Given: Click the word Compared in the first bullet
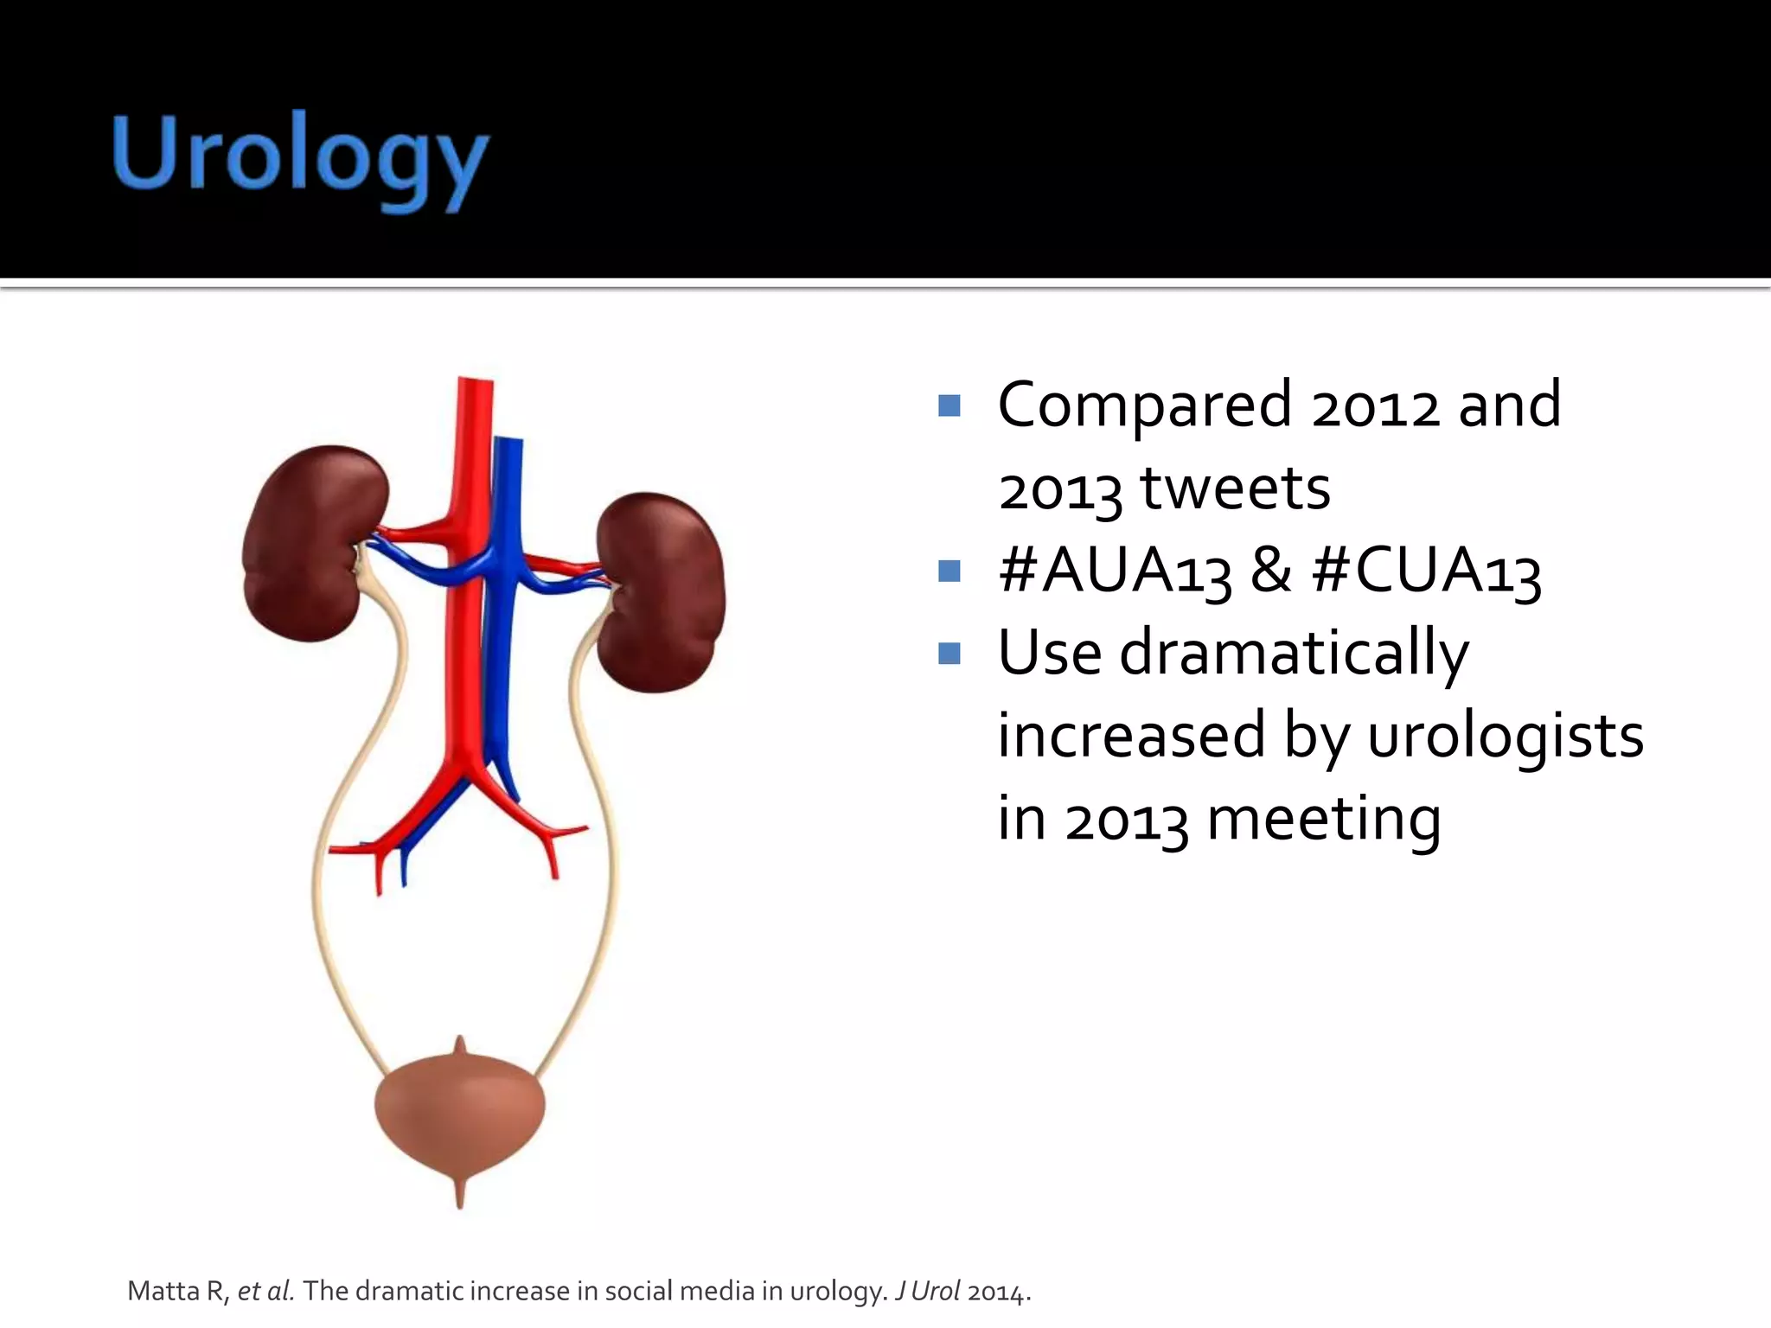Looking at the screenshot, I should click(1145, 405).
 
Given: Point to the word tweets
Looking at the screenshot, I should click(1236, 488).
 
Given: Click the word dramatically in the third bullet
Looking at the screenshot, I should click(1294, 654).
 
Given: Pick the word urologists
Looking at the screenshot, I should click(1506, 736).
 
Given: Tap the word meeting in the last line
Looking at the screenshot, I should click(1323, 819).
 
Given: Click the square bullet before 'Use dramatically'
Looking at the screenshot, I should click(949, 653).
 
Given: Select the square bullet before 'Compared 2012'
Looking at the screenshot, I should click(949, 405).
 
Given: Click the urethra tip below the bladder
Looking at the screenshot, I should click(459, 1197).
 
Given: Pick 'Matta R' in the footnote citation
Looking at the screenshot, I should click(177, 1292).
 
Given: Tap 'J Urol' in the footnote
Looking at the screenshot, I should click(927, 1292).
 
